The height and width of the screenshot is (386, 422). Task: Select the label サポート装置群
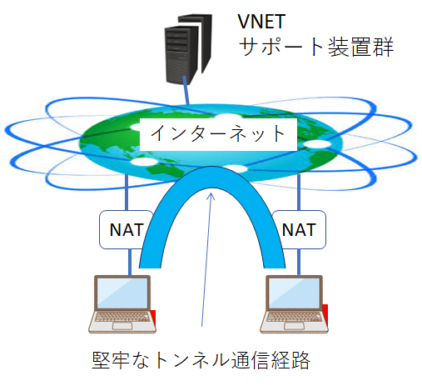point(315,48)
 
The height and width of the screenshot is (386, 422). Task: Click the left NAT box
point(124,228)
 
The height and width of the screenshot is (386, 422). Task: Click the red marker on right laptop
point(325,312)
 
